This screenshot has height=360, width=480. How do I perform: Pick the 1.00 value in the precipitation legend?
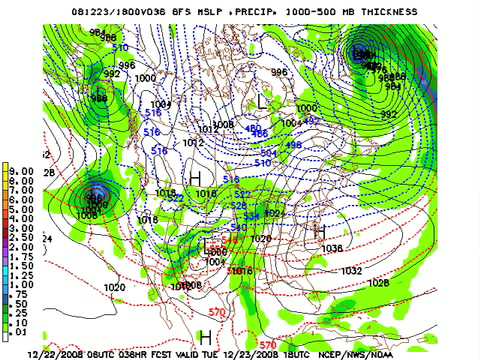pos(18,283)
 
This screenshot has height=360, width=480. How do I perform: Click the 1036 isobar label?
pos(333,248)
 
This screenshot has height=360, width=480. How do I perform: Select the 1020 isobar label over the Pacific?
pos(114,287)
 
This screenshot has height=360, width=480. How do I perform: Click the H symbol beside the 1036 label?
pos(319,232)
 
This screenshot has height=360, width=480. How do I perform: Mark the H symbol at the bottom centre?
pos(205,338)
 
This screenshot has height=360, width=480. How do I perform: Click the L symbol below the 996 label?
pos(263,101)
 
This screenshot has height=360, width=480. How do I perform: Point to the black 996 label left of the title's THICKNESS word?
pos(279,72)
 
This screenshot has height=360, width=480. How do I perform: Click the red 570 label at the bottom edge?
pos(268,345)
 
